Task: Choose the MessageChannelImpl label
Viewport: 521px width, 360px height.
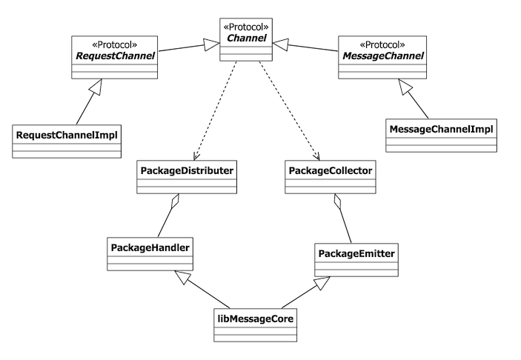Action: coord(441,129)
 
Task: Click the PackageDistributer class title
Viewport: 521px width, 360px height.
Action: coord(188,170)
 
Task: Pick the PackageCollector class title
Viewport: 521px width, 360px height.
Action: coord(330,170)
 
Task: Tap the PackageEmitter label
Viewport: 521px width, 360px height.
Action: coord(356,254)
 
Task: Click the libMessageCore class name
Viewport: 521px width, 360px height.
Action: coord(255,319)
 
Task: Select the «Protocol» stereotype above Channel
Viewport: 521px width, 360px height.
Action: coord(248,27)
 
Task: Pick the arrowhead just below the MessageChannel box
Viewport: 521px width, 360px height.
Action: coord(405,87)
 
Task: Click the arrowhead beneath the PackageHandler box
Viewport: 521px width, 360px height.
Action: coord(182,276)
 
